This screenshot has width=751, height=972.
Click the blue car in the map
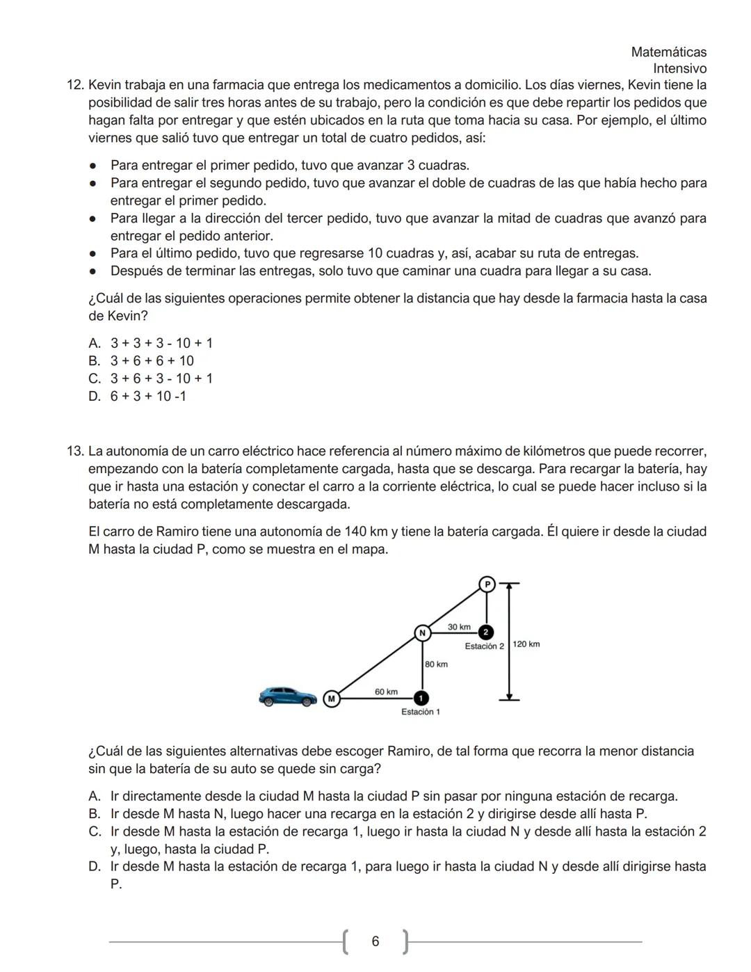point(287,696)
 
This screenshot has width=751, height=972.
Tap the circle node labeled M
point(332,698)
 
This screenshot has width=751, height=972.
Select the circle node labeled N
point(421,632)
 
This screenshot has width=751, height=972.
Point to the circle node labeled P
point(487,584)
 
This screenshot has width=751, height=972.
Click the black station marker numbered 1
point(420,698)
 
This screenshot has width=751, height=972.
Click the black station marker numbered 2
point(486,632)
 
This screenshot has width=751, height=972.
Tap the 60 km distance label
point(386,692)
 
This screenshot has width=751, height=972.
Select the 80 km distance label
point(436,664)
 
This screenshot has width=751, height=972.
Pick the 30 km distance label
point(459,627)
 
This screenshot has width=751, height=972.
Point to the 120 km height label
point(526,644)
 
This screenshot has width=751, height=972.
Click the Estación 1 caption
point(420,712)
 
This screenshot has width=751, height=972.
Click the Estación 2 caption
point(484,646)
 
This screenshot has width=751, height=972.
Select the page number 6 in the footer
point(375,941)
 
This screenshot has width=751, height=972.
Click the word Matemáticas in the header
point(668,52)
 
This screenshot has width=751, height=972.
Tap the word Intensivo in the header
point(679,69)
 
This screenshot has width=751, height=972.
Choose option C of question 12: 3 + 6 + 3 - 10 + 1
point(161,379)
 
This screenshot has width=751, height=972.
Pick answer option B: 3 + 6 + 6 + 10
point(152,360)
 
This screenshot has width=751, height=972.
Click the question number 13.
point(75,451)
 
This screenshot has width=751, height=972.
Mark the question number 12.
point(75,85)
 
